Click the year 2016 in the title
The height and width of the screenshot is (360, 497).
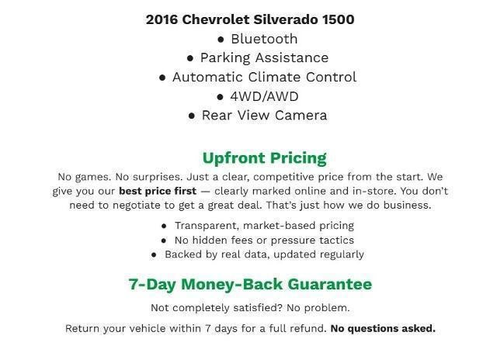(x=162, y=19)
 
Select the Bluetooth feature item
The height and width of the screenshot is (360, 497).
(x=264, y=39)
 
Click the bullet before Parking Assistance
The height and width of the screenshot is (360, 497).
(x=190, y=58)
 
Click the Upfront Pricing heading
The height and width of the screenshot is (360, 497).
(x=264, y=158)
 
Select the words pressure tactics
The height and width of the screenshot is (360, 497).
(x=318, y=240)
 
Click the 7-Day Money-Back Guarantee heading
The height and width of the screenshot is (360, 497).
(x=249, y=284)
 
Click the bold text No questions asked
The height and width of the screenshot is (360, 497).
(x=383, y=328)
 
